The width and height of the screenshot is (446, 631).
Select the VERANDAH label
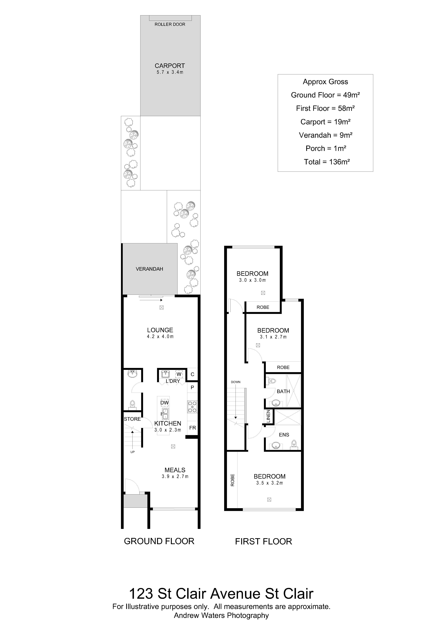pyautogui.click(x=149, y=269)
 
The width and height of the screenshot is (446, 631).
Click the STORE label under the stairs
pyautogui.click(x=132, y=419)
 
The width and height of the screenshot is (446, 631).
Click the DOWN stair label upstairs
pyautogui.click(x=236, y=382)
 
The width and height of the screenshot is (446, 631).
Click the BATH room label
pyautogui.click(x=283, y=391)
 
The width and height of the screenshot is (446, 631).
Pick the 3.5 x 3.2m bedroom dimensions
pyautogui.click(x=270, y=483)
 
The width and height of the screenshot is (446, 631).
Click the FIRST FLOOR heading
pyautogui.click(x=263, y=541)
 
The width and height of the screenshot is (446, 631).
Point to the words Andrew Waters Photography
pyautogui.click(x=221, y=615)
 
